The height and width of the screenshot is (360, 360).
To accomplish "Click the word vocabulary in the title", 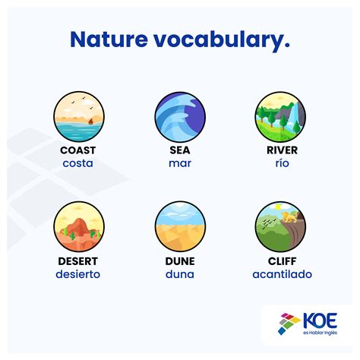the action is [222, 40].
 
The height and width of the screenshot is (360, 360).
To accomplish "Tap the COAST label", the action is [78, 150].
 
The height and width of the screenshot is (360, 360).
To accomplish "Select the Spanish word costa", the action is [77, 163].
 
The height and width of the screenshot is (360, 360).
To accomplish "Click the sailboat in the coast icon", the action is [90, 122].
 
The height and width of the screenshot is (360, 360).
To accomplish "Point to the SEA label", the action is [180, 150].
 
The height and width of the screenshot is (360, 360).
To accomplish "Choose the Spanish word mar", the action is [180, 163].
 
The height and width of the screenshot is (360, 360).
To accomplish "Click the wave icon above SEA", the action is [180, 117].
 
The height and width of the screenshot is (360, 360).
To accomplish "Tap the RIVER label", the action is [282, 150].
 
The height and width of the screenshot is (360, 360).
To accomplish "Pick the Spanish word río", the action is [282, 163].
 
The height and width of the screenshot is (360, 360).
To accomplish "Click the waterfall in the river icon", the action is [294, 115].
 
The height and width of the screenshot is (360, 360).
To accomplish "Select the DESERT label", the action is [77, 261].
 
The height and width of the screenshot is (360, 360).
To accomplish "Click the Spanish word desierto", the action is [78, 274].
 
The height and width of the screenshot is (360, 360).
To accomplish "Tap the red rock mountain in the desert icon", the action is [79, 228].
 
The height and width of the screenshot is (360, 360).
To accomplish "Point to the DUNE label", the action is [180, 261].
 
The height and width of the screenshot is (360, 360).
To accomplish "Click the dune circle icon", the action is [180, 226].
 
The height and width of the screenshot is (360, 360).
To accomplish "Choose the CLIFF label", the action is [282, 261].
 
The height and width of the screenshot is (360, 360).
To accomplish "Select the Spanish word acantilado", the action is [282, 274].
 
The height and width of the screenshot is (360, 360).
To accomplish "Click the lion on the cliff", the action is [289, 217].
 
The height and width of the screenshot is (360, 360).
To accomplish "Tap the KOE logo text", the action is [320, 321].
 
